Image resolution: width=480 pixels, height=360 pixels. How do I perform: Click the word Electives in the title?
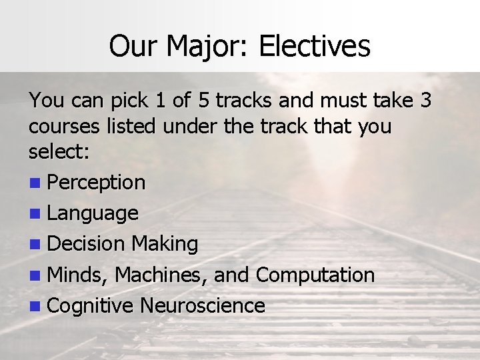click(x=314, y=46)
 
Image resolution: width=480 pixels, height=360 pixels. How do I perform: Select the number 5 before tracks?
click(x=204, y=101)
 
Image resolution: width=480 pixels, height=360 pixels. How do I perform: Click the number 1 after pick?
click(x=158, y=101)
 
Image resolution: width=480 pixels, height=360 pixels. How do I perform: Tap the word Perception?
click(x=97, y=182)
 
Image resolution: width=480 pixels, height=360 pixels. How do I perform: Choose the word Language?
click(x=93, y=213)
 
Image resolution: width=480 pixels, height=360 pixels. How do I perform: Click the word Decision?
click(x=87, y=244)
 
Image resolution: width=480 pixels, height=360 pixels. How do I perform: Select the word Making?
click(x=165, y=244)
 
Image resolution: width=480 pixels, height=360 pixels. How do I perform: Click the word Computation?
click(x=315, y=275)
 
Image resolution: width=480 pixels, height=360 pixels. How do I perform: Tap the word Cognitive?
click(x=91, y=306)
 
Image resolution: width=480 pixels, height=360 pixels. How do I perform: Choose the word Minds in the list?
click(x=79, y=275)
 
